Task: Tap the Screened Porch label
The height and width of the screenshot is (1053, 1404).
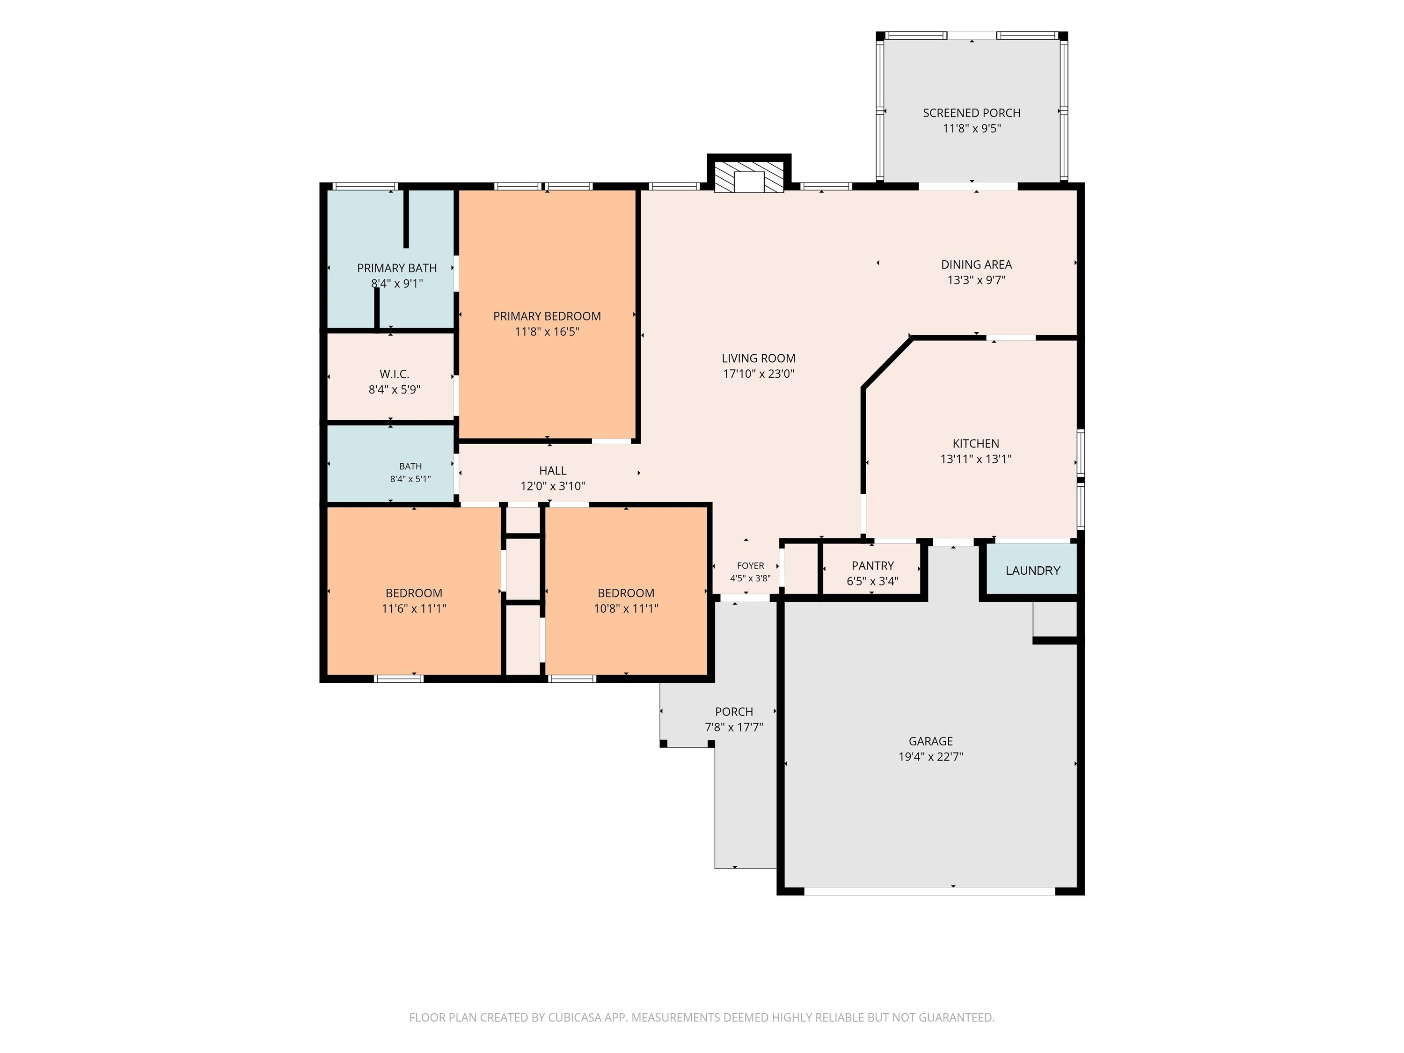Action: click(x=971, y=113)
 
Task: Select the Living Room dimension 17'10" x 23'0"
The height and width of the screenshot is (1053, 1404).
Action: click(x=759, y=374)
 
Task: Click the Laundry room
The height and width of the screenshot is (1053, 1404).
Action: click(x=1031, y=570)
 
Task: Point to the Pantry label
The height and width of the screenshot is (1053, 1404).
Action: click(x=873, y=565)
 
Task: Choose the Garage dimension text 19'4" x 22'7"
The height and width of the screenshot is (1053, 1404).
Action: click(x=930, y=757)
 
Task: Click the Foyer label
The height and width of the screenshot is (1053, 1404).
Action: click(x=750, y=565)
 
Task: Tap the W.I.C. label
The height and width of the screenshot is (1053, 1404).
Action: click(x=394, y=374)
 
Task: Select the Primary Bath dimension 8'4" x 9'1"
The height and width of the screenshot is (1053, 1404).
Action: click(x=397, y=284)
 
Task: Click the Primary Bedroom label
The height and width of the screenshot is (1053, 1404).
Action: click(x=547, y=316)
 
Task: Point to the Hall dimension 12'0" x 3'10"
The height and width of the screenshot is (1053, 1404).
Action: click(x=552, y=486)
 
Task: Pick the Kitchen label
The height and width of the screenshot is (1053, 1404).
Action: click(x=976, y=444)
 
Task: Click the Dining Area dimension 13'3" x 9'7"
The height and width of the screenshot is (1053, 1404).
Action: click(x=976, y=280)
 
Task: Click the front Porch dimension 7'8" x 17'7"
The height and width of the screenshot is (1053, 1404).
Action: click(x=734, y=727)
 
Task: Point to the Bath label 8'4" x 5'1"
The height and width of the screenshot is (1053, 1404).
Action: click(x=410, y=473)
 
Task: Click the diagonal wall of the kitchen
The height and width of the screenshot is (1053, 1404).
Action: click(x=887, y=362)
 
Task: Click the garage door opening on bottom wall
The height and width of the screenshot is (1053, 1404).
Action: click(x=930, y=891)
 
